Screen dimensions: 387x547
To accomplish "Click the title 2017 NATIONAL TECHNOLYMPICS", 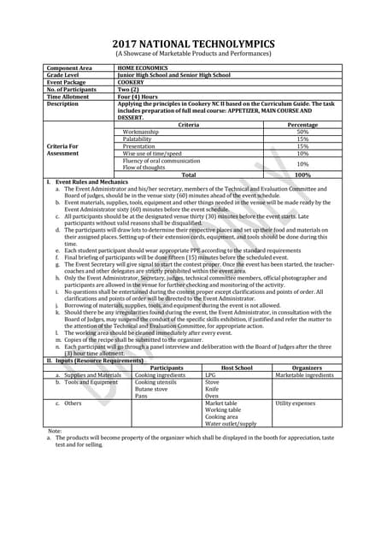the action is coord(193,44).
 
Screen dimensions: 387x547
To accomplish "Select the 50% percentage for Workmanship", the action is coord(302,132).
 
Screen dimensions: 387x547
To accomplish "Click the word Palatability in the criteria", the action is coord(142,139).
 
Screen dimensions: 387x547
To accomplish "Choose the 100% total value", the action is coord(302,174).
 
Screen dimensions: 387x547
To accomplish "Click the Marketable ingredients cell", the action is coord(304,375).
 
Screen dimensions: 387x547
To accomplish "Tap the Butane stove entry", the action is coord(152,389).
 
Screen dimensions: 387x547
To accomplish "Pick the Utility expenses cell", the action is coord(296,403).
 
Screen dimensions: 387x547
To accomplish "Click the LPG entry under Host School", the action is coord(210,375).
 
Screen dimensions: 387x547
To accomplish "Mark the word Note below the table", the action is coord(56,431).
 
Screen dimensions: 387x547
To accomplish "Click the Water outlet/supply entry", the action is coord(231,423).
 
